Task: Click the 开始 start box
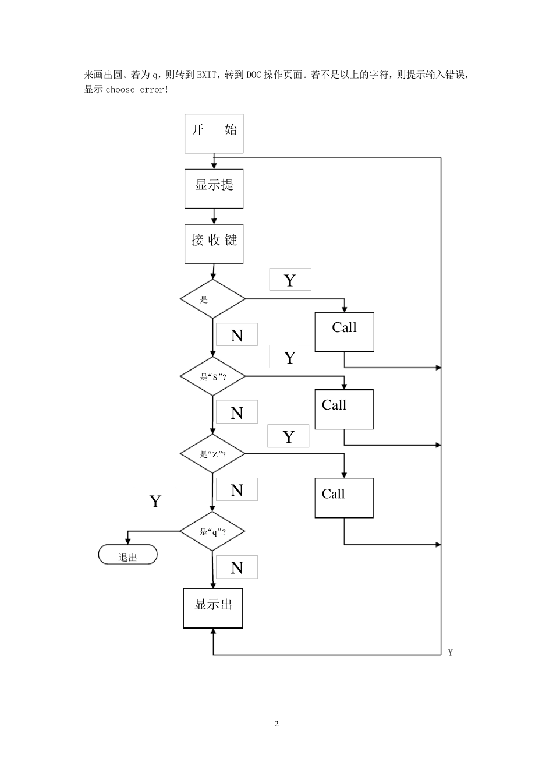pos(214,133)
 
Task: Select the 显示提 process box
pos(214,188)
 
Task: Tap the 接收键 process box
pos(214,244)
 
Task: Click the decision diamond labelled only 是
pos(212,299)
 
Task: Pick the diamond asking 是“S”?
pos(212,376)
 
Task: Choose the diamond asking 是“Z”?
pos(212,454)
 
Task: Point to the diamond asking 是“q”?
pos(212,531)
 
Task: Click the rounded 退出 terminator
pos(128,555)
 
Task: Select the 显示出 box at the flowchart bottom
pos(213,608)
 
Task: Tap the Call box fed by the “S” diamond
pos(344,410)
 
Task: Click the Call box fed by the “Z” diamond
pos(344,498)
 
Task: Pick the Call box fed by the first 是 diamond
pos(345,332)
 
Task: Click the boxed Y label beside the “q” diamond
pos(155,501)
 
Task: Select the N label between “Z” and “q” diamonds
pos(237,490)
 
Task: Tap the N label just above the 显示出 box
pos(237,567)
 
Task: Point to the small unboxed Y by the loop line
pos(451,652)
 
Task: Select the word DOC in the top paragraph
pos(254,75)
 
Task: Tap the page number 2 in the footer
pos(276,724)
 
